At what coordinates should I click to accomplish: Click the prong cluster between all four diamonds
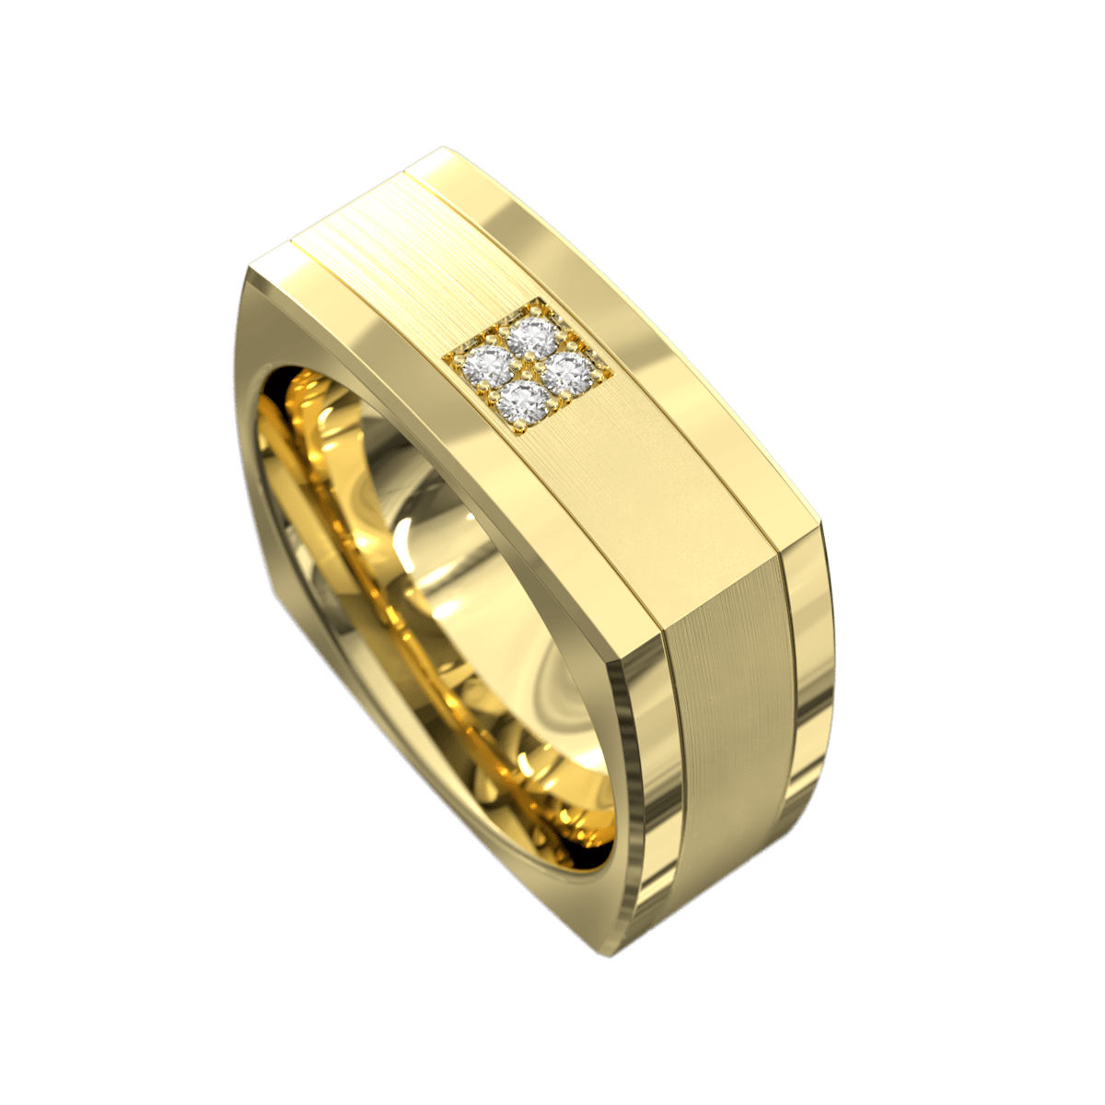click(526, 369)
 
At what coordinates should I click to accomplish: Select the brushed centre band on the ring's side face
click(727, 700)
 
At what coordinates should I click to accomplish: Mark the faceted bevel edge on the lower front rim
click(635, 829)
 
